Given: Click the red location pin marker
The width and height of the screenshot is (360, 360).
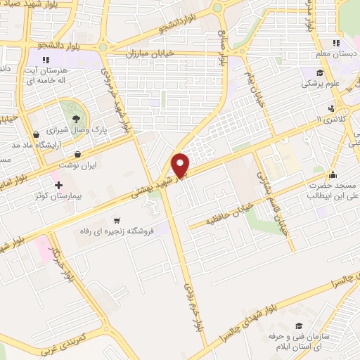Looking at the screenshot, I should [181, 165].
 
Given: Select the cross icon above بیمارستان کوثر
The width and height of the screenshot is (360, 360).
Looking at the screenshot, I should [59, 184].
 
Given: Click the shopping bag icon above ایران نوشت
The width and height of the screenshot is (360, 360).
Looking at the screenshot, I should [78, 154].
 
